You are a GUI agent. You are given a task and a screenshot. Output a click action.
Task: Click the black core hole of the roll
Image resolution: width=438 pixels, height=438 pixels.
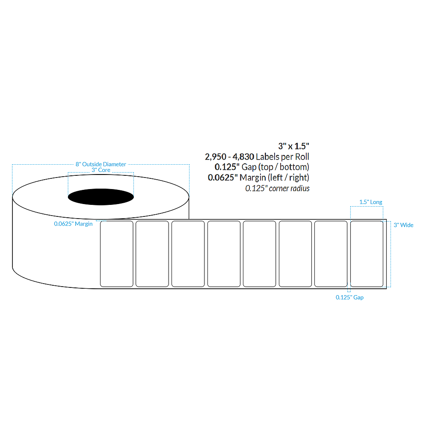(x=101, y=197)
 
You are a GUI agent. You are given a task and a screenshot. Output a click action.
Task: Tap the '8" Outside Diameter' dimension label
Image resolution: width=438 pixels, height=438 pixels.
(x=101, y=164)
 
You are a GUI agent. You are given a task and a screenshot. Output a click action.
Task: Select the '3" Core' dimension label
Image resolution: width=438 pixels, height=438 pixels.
(x=101, y=170)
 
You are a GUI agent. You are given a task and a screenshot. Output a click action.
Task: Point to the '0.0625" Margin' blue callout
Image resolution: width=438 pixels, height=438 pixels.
(x=73, y=224)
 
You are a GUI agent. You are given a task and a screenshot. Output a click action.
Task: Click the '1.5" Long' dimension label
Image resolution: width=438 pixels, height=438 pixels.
(x=371, y=202)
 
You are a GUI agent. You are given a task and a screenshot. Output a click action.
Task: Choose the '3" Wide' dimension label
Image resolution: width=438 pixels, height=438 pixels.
(x=403, y=225)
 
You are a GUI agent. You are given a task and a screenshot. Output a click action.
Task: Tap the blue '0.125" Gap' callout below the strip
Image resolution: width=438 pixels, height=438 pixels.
(x=349, y=297)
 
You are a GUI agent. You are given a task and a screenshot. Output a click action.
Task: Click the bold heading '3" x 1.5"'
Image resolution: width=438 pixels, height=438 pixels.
(x=293, y=146)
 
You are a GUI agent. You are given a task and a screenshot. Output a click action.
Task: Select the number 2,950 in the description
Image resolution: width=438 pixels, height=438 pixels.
(x=216, y=157)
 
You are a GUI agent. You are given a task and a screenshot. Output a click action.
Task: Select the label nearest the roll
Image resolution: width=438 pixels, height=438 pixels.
(x=116, y=254)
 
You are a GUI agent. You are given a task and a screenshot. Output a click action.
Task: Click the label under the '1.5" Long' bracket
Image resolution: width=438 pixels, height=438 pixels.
(x=367, y=254)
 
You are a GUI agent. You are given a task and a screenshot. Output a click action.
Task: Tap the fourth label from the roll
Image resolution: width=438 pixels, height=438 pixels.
(x=224, y=254)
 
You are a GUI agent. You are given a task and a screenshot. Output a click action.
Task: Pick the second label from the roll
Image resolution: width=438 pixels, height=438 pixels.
(x=152, y=254)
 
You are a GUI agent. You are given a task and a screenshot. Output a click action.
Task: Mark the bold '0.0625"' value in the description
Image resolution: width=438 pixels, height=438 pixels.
(x=223, y=177)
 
